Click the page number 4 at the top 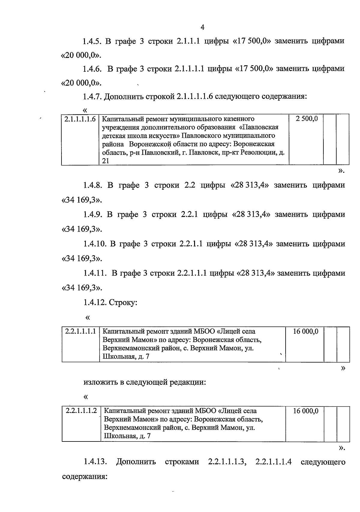point(202,27)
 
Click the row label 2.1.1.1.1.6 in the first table point(80,119)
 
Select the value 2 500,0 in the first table point(307,119)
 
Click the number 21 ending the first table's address point(105,161)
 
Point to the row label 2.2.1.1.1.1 point(80,332)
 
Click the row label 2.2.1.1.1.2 point(81,411)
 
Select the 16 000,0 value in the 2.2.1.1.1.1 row point(305,332)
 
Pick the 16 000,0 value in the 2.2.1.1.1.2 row point(305,411)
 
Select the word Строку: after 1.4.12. point(123,302)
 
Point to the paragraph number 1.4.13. point(95,461)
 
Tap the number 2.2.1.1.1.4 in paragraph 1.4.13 point(274,461)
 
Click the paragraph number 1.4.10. point(95,244)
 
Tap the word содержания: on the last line point(85,476)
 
